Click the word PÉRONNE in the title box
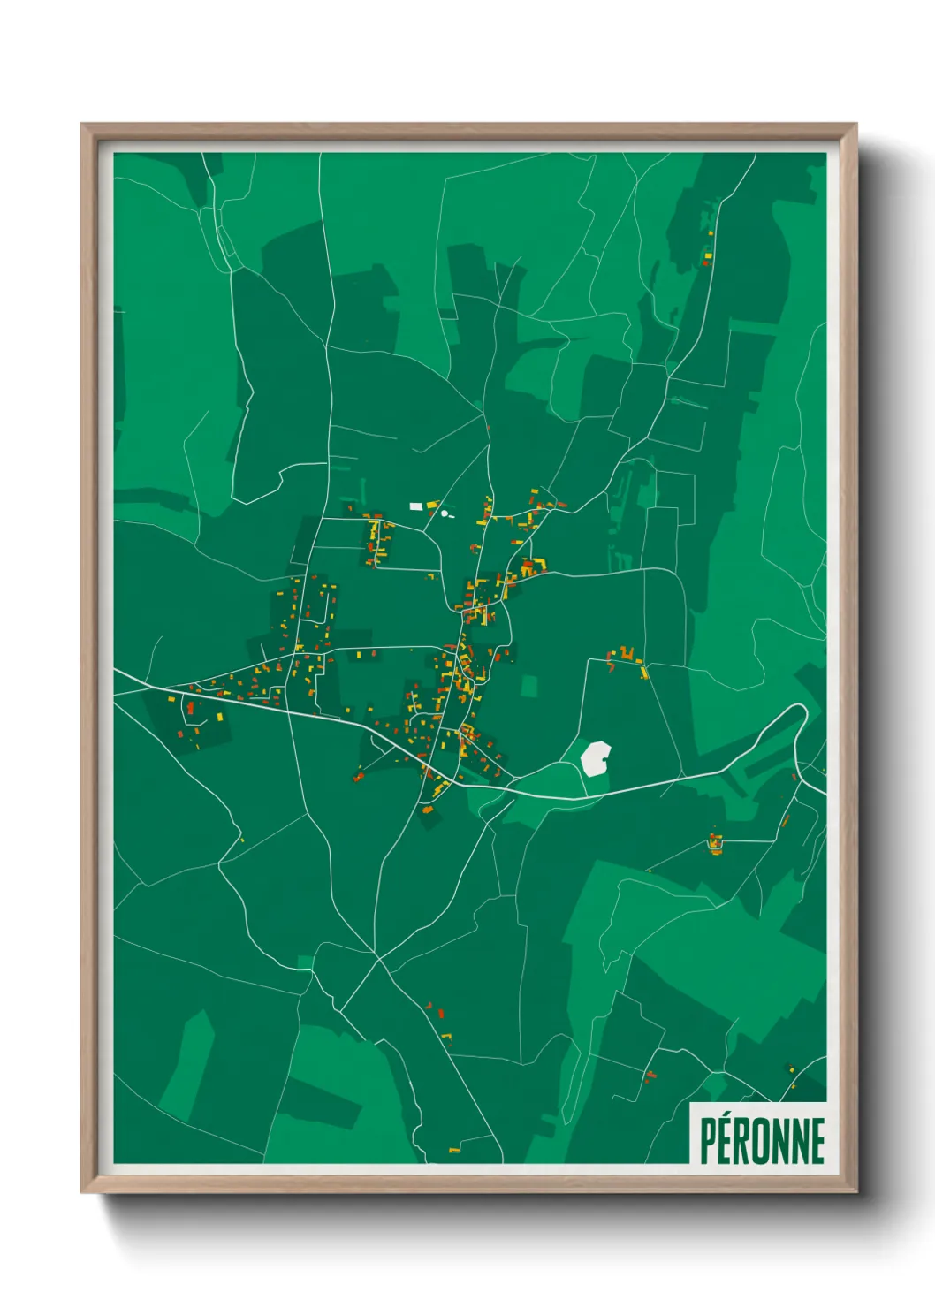[x=762, y=1140]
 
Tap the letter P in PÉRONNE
[x=707, y=1140]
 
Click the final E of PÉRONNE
[x=817, y=1140]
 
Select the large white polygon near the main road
[x=596, y=758]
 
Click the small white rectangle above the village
[x=415, y=506]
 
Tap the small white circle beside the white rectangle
[x=445, y=513]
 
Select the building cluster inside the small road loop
[x=715, y=843]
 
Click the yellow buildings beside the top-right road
[x=708, y=257]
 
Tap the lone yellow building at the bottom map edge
[x=454, y=1150]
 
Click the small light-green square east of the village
[x=528, y=686]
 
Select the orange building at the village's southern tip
[x=428, y=809]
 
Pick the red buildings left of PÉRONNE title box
[x=651, y=1075]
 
